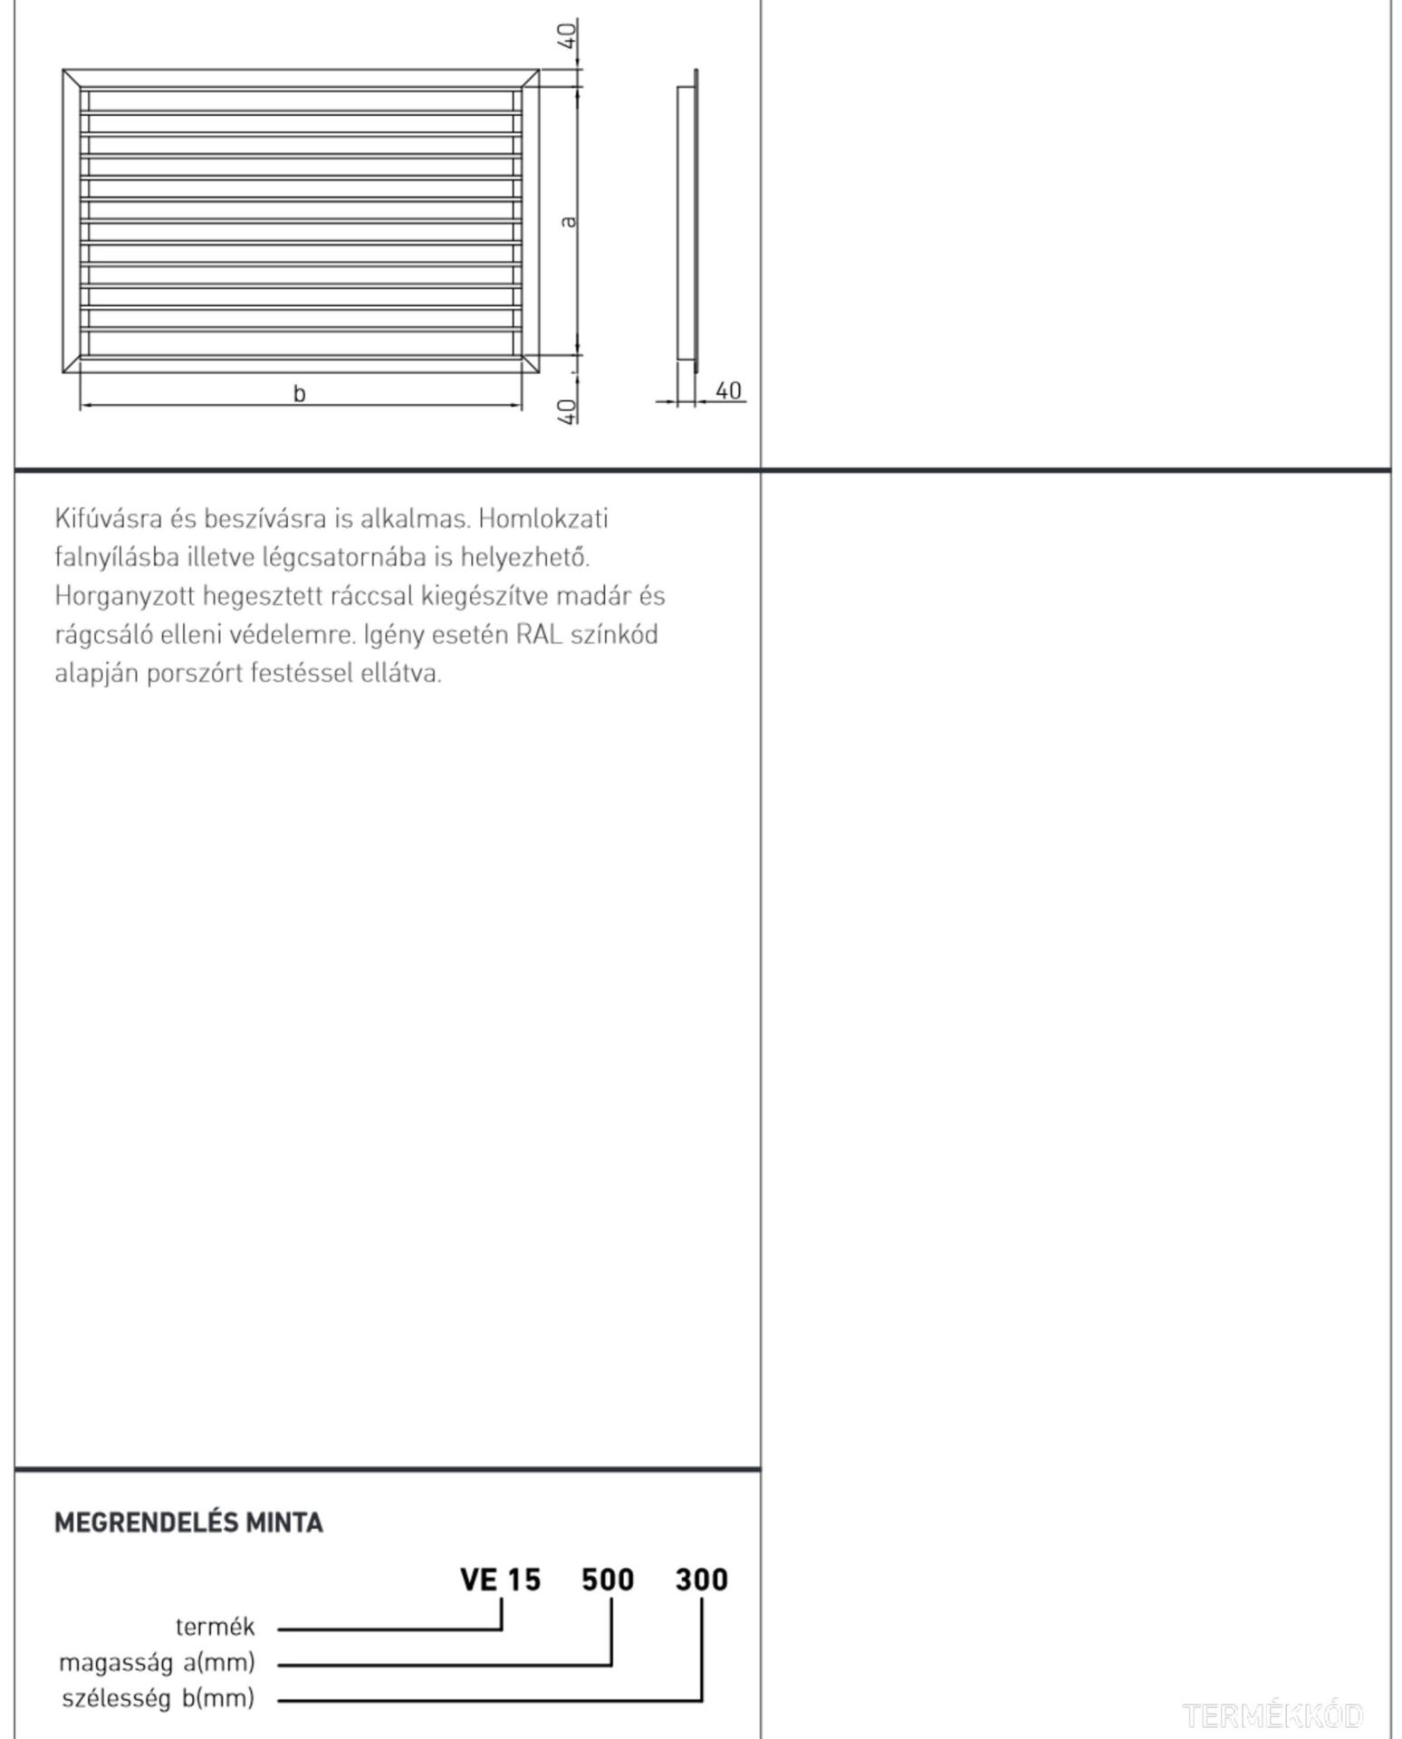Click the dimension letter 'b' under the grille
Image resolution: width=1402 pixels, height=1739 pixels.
pyautogui.click(x=299, y=393)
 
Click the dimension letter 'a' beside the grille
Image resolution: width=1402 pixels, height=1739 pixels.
pyautogui.click(x=568, y=221)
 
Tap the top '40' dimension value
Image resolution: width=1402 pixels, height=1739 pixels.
pyautogui.click(x=567, y=37)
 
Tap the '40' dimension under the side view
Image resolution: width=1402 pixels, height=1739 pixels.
pyautogui.click(x=728, y=390)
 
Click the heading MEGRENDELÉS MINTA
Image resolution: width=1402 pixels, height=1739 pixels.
pyautogui.click(x=188, y=1523)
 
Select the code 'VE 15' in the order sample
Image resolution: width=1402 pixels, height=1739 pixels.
pyautogui.click(x=500, y=1580)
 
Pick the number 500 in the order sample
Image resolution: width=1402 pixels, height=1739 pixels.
pyautogui.click(x=608, y=1580)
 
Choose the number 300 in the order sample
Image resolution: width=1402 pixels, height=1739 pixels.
pyautogui.click(x=701, y=1580)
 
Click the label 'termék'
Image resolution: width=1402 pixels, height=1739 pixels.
pyautogui.click(x=216, y=1627)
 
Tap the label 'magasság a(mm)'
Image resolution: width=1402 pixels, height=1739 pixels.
pyautogui.click(x=157, y=1662)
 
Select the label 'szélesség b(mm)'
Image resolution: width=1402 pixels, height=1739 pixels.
pyautogui.click(x=158, y=1697)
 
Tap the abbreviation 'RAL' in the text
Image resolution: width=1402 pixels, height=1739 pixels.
pyautogui.click(x=540, y=634)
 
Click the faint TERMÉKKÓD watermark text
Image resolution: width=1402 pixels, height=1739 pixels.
pyautogui.click(x=1272, y=1715)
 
